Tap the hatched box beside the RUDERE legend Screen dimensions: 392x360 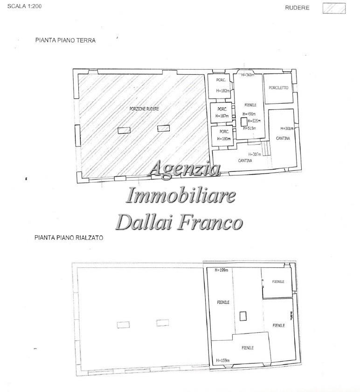334,8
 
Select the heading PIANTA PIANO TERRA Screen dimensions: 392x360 65,41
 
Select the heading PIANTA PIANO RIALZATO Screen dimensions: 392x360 69,238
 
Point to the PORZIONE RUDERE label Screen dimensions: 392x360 144,109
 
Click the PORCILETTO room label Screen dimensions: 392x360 278,88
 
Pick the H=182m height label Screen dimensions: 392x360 223,91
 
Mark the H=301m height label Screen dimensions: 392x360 286,128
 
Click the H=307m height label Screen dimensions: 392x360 255,154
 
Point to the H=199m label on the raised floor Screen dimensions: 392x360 221,270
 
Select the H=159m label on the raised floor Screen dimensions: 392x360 222,360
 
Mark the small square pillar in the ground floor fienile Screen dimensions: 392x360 243,122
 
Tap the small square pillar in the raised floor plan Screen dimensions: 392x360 242,316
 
